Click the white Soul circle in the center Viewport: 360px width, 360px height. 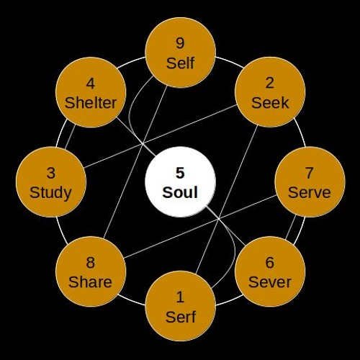click(180, 181)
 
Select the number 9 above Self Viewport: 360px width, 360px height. click(180, 43)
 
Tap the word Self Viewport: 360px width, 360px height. click(180, 63)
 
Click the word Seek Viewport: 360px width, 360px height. click(270, 103)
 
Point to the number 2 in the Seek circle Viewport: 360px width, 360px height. click(269, 83)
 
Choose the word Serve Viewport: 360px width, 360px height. click(310, 192)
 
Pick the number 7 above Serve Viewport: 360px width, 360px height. click(309, 173)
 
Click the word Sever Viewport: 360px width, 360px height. click(270, 282)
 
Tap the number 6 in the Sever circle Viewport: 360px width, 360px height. click(269, 262)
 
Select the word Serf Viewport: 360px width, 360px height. click(181, 317)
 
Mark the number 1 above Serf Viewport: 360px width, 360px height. click(180, 297)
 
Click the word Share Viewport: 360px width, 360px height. click(90, 282)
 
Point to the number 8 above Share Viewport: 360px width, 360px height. click(90, 262)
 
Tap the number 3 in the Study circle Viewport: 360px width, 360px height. click(50, 173)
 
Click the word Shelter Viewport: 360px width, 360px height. click(91, 103)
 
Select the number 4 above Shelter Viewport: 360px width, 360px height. click(90, 84)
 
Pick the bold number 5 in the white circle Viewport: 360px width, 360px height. click(180, 173)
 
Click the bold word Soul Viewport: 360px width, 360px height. click(180, 192)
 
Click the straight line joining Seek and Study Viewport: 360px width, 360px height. click(161, 136)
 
